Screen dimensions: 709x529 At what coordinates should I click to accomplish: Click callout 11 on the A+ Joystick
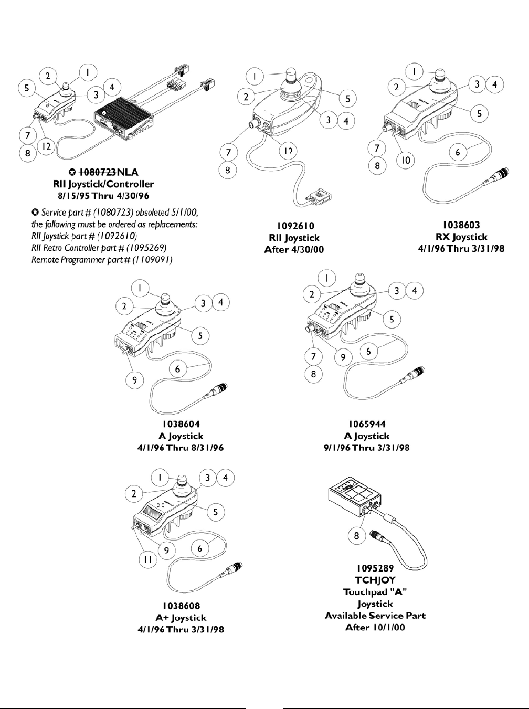tap(148, 559)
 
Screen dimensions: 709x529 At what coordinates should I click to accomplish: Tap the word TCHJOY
tap(375, 580)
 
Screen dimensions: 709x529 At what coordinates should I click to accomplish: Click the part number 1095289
tap(375, 568)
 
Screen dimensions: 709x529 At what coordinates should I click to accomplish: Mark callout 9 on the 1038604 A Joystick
tap(135, 380)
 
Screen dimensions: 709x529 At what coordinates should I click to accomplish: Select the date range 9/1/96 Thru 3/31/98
tap(366, 448)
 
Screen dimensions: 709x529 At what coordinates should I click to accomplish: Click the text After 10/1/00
tap(375, 628)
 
